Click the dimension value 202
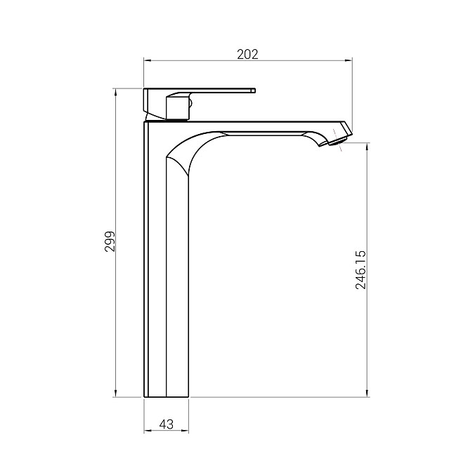click(247, 54)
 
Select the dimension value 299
click(110, 241)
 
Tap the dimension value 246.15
click(361, 270)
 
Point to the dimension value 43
click(167, 424)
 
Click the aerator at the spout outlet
click(338, 141)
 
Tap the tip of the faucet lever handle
click(254, 90)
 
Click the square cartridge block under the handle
click(178, 107)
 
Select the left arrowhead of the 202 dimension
click(146, 60)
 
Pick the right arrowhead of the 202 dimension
click(349, 60)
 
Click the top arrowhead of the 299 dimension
click(115, 91)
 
